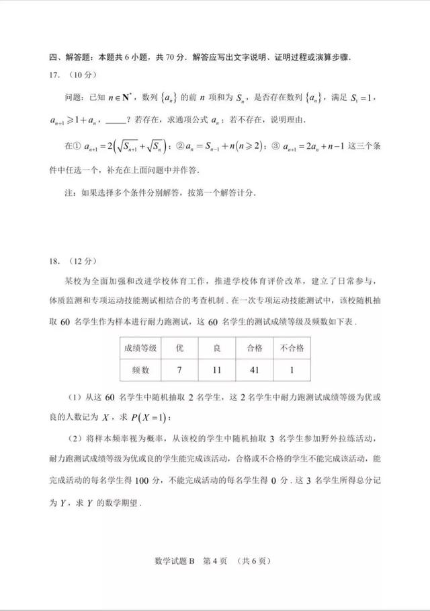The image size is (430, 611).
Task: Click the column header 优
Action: pos(179,348)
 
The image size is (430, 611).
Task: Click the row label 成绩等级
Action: pos(139,348)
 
